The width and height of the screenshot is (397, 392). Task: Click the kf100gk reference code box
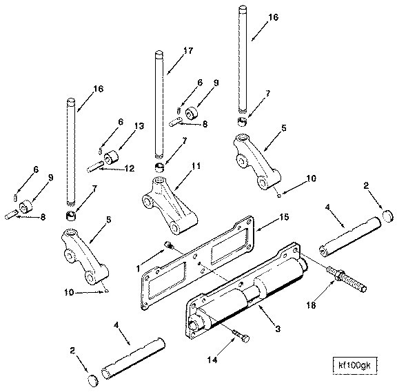pyautogui.click(x=354, y=365)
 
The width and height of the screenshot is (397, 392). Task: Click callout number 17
pyautogui.click(x=188, y=50)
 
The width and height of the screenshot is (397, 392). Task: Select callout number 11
pyautogui.click(x=196, y=166)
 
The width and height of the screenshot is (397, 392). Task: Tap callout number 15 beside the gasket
pyautogui.click(x=284, y=217)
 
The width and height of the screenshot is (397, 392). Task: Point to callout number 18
pyautogui.click(x=311, y=305)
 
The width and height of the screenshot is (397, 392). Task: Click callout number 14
pyautogui.click(x=212, y=360)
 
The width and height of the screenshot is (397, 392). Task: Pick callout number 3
pyautogui.click(x=278, y=329)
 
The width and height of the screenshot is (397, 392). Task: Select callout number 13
pyautogui.click(x=139, y=126)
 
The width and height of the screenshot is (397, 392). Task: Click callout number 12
pyautogui.click(x=130, y=168)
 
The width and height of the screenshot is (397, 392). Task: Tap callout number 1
pyautogui.click(x=138, y=269)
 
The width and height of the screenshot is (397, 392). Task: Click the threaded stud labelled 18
pyautogui.click(x=347, y=279)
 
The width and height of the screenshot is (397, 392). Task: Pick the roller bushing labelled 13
pyautogui.click(x=112, y=157)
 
